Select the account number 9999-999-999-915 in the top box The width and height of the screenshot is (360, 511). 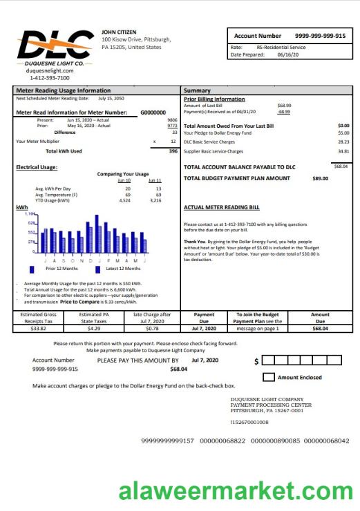point(320,35)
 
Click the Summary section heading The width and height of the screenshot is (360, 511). point(197,90)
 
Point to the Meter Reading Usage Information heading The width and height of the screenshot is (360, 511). point(63,90)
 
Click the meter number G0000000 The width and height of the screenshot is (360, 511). point(153,112)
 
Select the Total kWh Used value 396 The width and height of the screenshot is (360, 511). point(173,151)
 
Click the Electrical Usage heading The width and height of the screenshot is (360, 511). point(37,167)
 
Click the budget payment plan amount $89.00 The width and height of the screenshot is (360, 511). point(320,178)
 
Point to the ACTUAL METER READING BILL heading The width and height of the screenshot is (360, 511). point(222,206)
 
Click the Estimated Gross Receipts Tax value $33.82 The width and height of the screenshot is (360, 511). point(38,328)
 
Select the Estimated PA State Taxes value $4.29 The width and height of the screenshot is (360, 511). point(94,328)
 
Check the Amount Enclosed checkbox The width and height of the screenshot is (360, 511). point(269,377)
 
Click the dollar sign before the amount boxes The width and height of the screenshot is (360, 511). point(257,361)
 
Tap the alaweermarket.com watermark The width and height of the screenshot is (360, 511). point(235,492)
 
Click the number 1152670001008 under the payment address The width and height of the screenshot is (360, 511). point(249,421)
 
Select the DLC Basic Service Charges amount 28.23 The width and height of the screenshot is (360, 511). point(343,142)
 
